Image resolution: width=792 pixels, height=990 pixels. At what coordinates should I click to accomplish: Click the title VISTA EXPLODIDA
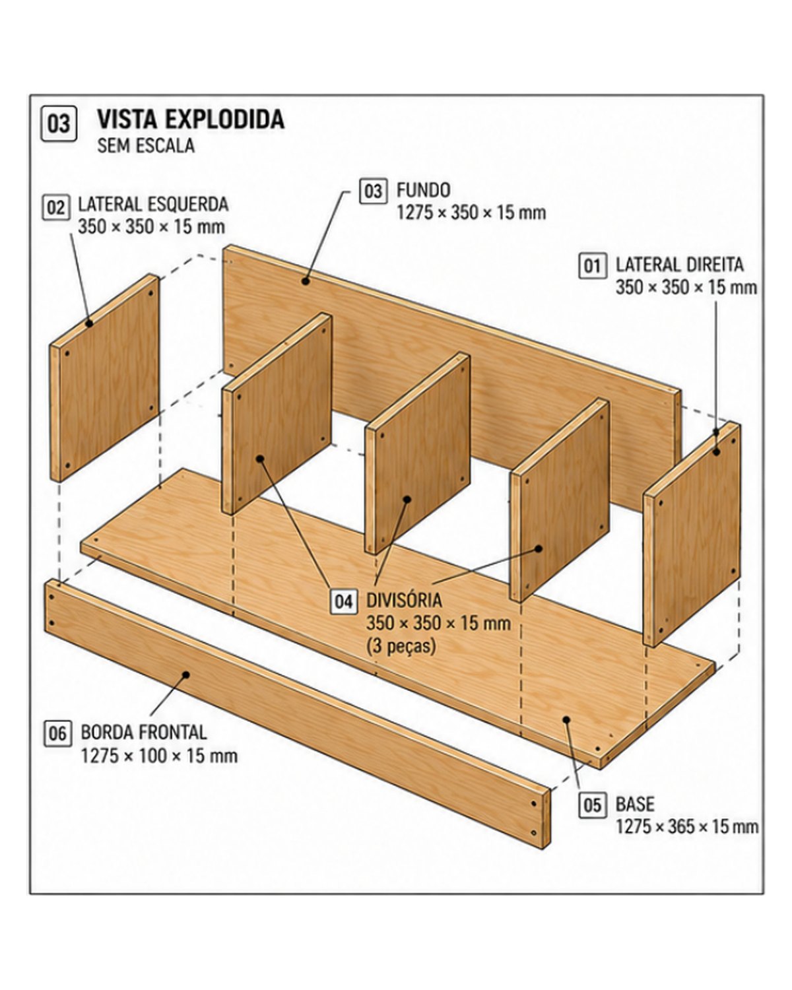click(191, 119)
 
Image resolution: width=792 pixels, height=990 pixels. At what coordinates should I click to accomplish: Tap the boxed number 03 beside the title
click(59, 124)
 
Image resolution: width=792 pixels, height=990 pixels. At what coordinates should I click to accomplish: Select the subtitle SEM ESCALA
click(146, 146)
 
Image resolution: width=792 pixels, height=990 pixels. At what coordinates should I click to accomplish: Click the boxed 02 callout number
click(56, 207)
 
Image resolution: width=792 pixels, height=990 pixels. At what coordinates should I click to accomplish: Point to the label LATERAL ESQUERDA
click(153, 204)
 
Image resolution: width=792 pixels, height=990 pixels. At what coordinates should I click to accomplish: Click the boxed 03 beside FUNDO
click(373, 191)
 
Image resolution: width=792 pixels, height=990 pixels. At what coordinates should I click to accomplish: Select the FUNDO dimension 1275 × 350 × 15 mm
click(471, 213)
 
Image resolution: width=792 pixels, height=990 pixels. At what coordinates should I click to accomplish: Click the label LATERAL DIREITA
click(680, 265)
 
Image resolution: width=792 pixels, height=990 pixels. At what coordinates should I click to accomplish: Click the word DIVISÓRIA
click(404, 600)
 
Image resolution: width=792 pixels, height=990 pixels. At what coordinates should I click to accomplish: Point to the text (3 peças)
click(401, 646)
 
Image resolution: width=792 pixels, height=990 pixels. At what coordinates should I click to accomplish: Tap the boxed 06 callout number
click(57, 733)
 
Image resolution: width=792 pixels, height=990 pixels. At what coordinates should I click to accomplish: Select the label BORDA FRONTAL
click(144, 733)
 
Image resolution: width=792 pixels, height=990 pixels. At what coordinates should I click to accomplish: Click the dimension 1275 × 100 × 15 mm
click(159, 756)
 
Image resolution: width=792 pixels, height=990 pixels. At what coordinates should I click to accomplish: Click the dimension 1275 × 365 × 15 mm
click(687, 827)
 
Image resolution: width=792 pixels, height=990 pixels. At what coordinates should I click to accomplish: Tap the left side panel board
click(104, 378)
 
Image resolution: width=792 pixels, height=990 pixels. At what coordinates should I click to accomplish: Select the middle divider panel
click(418, 453)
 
